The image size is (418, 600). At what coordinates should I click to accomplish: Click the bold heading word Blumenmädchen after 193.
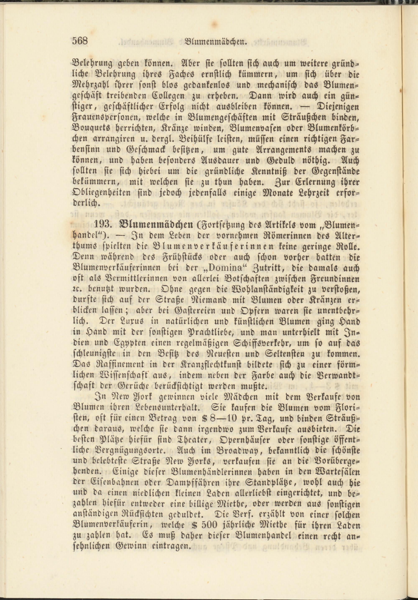pyautogui.click(x=156, y=224)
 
